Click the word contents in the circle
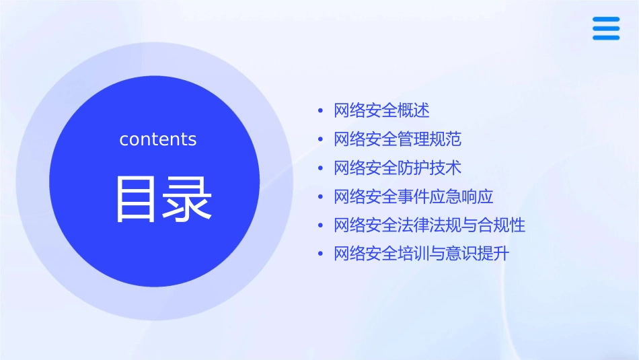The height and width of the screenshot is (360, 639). tap(158, 139)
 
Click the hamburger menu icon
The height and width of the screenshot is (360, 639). tap(606, 28)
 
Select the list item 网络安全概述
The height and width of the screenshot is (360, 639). tap(381, 110)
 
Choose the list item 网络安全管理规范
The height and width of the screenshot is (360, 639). tap(398, 139)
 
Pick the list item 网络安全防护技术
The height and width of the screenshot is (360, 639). tap(398, 168)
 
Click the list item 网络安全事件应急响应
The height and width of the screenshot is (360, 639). tap(414, 196)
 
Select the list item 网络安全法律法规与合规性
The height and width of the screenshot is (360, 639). tap(429, 225)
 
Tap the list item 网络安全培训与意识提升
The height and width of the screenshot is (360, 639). tap(422, 254)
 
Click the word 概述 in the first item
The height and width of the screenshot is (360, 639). tap(414, 110)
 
